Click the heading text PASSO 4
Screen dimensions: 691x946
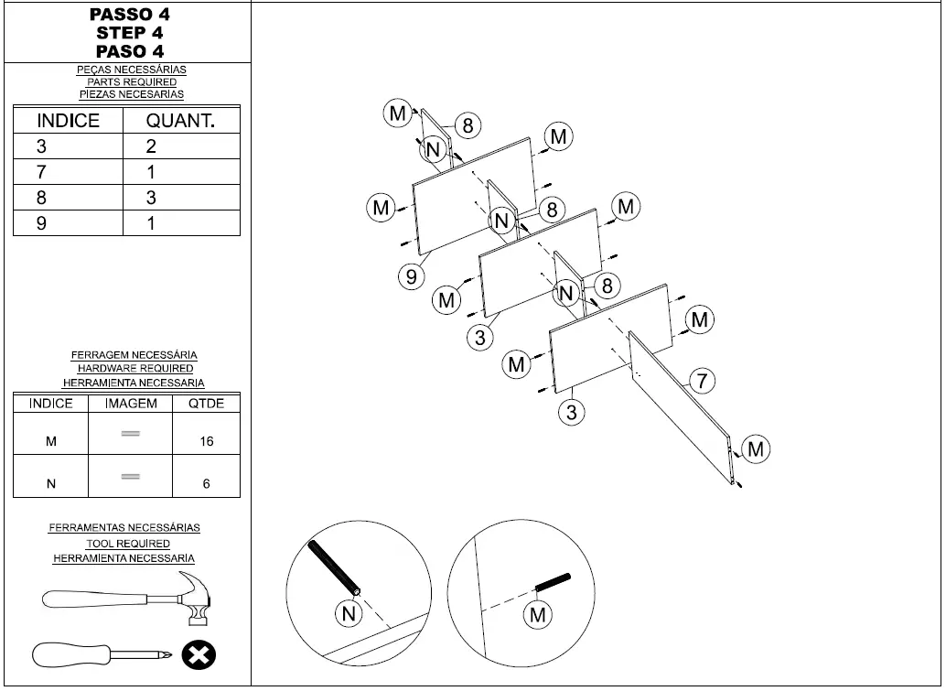(129, 15)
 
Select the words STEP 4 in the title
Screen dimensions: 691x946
(129, 33)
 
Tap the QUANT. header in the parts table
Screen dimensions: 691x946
(180, 121)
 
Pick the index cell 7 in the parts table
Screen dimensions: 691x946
(42, 172)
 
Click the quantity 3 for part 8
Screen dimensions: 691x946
(152, 198)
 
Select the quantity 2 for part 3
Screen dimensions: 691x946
(152, 146)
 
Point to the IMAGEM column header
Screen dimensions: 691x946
(131, 404)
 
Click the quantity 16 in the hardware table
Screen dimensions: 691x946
(207, 441)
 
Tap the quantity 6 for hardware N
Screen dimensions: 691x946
(207, 484)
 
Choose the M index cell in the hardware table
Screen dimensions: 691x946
(51, 441)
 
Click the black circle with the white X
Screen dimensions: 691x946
(198, 655)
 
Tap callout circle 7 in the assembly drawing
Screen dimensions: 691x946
(701, 381)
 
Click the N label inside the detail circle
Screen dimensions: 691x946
(349, 614)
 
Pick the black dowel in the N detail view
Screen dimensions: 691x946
(335, 567)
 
